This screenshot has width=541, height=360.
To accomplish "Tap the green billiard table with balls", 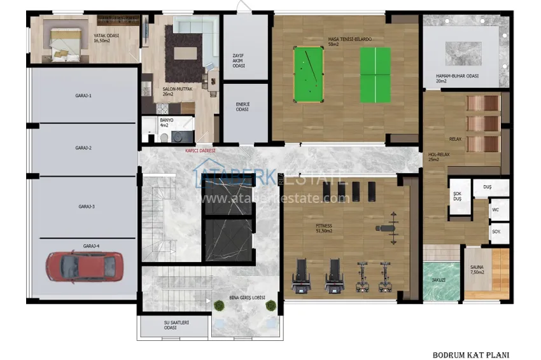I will pos(308,74).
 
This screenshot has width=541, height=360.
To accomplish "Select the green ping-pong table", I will pos(376,75).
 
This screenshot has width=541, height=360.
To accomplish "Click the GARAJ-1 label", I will pos(83,95).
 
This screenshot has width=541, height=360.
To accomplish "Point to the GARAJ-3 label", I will pos(87,206).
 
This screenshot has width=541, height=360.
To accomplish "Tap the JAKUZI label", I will pos(438,280).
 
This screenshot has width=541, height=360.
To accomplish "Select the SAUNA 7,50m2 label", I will pos(477,270).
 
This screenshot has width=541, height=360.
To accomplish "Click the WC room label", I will pos(496,209).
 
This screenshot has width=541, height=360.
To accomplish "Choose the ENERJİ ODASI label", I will pos(242,107).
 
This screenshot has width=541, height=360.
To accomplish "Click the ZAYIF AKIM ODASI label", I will pos(239,60).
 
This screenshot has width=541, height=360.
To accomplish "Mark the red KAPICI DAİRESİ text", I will pos(200,151).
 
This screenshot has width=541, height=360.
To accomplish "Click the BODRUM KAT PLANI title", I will pos(471,355).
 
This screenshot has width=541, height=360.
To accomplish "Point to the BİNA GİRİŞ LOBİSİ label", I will pos(247,298).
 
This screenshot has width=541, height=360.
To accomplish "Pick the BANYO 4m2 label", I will pos(166,122).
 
